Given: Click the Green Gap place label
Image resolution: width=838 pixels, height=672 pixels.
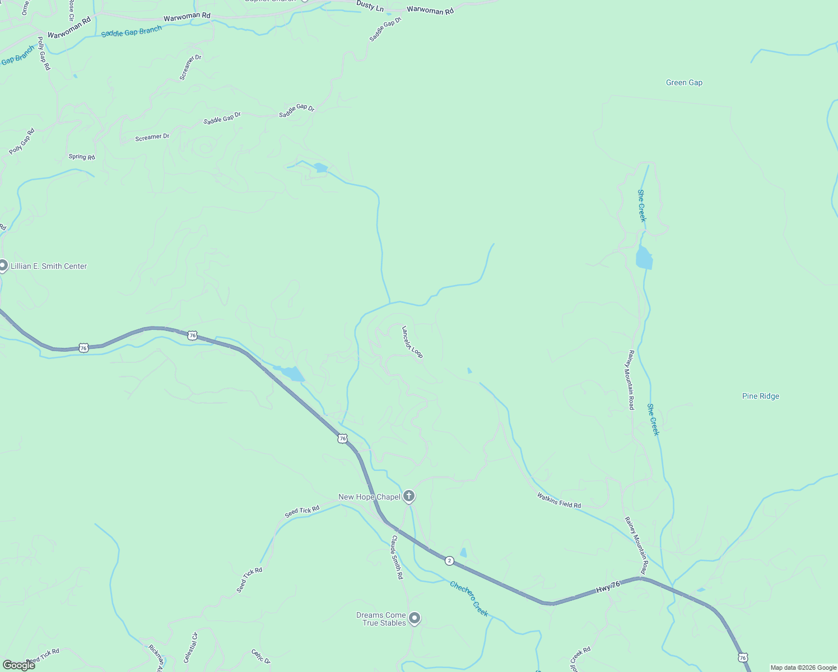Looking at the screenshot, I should [684, 83].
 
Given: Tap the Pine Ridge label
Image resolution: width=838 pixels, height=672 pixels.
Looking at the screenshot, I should [760, 396].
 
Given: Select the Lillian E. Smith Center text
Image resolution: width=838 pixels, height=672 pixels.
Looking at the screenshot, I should [49, 267].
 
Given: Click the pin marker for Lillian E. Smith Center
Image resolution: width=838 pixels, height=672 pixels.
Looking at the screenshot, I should [2, 265].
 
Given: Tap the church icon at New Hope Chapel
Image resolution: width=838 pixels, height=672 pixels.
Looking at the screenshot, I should [409, 496].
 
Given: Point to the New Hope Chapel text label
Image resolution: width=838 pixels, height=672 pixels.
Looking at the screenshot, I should [369, 497].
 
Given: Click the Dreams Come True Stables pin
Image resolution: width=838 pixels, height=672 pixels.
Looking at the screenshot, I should [415, 618].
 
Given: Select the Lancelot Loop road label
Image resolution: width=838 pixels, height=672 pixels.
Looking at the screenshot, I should [412, 342].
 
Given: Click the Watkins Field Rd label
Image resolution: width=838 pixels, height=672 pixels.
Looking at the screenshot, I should [558, 500].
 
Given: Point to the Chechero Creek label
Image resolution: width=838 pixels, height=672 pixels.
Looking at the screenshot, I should [469, 599].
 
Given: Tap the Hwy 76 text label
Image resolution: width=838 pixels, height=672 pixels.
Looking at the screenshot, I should [608, 587].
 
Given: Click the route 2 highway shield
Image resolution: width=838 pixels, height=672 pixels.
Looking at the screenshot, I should [449, 561].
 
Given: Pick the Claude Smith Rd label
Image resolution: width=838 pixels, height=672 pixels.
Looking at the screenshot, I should [397, 557].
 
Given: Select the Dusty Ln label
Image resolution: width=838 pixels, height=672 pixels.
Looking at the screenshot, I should [370, 6].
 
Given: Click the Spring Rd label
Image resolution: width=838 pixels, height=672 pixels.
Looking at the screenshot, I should [82, 157].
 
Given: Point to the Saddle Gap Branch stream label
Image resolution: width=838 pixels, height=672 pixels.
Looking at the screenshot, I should [131, 32].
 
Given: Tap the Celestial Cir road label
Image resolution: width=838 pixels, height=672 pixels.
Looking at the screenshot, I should [191, 647].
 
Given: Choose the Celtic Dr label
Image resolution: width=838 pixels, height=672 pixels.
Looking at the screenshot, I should [261, 656].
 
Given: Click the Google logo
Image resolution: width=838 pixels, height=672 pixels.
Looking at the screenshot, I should [18, 665].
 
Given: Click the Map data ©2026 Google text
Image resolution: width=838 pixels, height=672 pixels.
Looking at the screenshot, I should [803, 668].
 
